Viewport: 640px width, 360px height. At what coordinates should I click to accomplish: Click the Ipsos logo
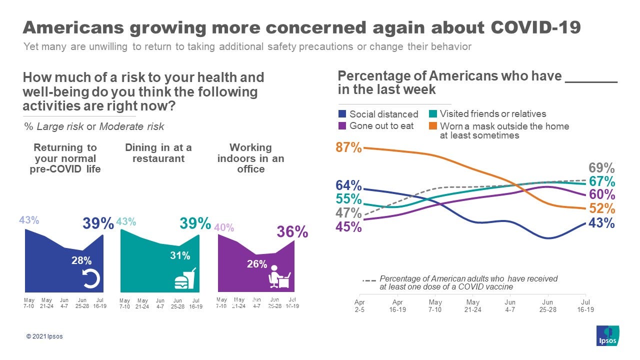tap(607, 335)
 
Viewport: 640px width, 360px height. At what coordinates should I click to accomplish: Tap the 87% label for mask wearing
tap(348, 147)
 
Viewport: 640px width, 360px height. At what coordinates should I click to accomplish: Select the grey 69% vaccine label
tap(602, 168)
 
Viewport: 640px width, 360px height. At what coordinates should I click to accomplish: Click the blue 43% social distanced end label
tap(601, 223)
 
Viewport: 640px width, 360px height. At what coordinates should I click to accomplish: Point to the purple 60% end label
tap(601, 194)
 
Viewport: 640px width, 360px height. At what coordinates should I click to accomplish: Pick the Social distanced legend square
tap(342, 114)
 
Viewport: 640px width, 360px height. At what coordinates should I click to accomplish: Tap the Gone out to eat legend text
tap(381, 126)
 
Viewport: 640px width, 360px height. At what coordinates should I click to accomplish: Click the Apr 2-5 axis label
tap(360, 305)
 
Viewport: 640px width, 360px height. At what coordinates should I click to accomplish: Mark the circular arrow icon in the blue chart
tap(91, 278)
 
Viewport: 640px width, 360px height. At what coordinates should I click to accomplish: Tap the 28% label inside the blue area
tap(81, 260)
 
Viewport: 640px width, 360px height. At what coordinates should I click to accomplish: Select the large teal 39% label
tap(195, 223)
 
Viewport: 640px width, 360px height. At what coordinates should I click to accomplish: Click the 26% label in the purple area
tap(257, 264)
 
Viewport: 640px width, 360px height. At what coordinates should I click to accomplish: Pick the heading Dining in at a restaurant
tap(158, 153)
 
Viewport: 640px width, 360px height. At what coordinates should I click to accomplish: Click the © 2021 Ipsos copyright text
tap(44, 336)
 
